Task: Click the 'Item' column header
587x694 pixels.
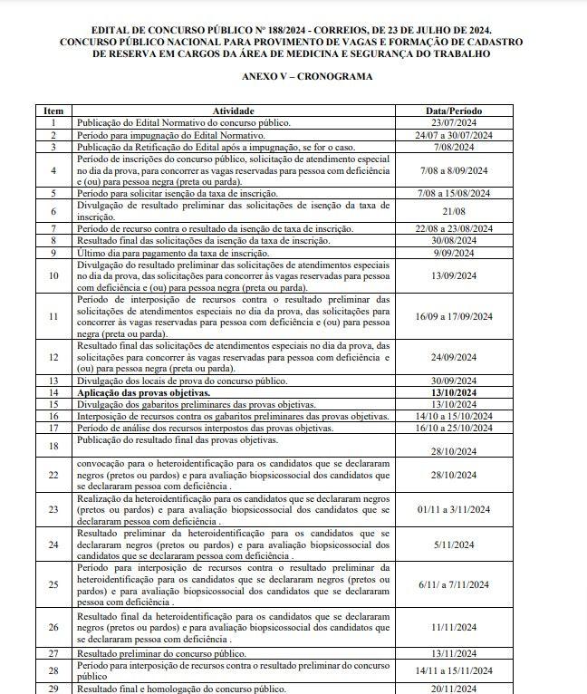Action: coord(53,111)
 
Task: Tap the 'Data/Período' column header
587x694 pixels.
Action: coord(460,111)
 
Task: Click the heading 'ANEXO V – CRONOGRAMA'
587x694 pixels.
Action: coord(293,77)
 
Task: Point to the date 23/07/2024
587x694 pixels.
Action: coord(460,121)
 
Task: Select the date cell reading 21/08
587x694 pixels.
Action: coord(460,210)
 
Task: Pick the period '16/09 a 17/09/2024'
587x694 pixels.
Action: coord(460,316)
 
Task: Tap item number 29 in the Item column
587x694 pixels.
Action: coord(53,689)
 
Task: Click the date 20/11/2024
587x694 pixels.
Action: coord(460,689)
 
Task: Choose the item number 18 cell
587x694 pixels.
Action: coord(53,446)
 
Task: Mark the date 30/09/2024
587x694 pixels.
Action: coord(460,381)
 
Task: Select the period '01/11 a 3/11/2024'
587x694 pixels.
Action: coord(460,509)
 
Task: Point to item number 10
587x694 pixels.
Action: coord(53,275)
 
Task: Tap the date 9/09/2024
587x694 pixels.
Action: coord(460,252)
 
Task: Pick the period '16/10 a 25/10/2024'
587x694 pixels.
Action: coord(460,428)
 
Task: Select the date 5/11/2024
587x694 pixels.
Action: coord(460,545)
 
